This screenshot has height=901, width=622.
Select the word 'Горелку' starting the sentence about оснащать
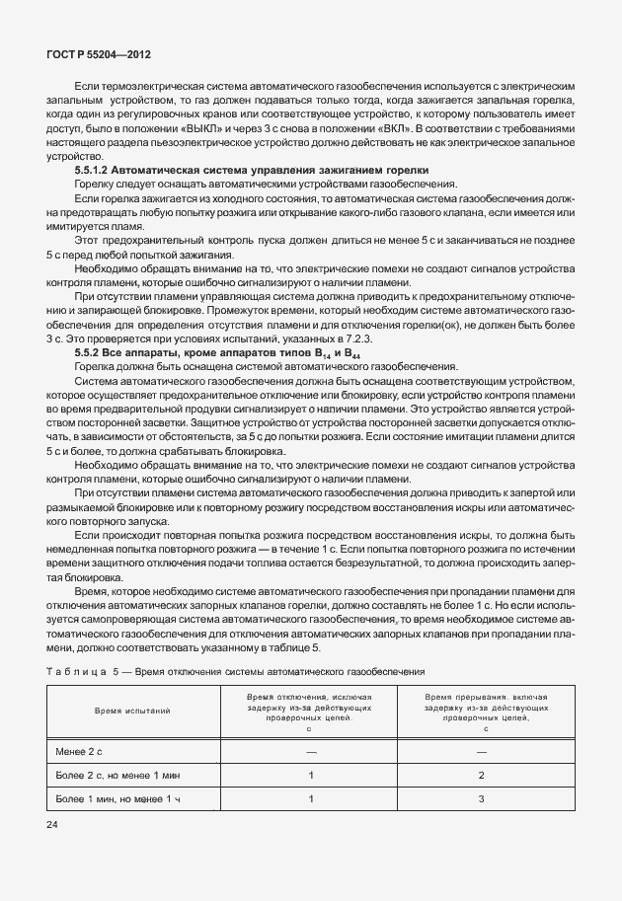[x=96, y=185]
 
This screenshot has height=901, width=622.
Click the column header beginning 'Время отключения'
[x=310, y=710]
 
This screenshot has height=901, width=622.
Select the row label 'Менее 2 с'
[x=81, y=751]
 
